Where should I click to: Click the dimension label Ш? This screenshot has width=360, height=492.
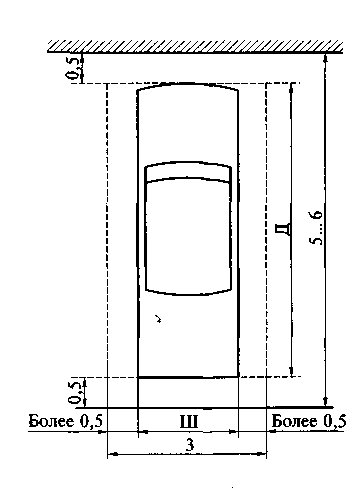(x=189, y=421)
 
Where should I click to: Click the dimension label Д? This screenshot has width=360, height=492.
(x=283, y=229)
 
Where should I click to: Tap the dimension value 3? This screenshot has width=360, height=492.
(x=189, y=444)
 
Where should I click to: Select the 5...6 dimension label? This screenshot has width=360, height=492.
(x=316, y=227)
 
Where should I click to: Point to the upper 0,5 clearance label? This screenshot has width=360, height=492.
(x=73, y=69)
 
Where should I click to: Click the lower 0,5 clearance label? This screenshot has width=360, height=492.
(x=75, y=393)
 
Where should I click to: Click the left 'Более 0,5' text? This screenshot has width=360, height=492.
(x=65, y=421)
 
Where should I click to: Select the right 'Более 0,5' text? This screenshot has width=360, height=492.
(x=309, y=421)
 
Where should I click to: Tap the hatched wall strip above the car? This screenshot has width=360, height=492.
(x=195, y=46)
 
